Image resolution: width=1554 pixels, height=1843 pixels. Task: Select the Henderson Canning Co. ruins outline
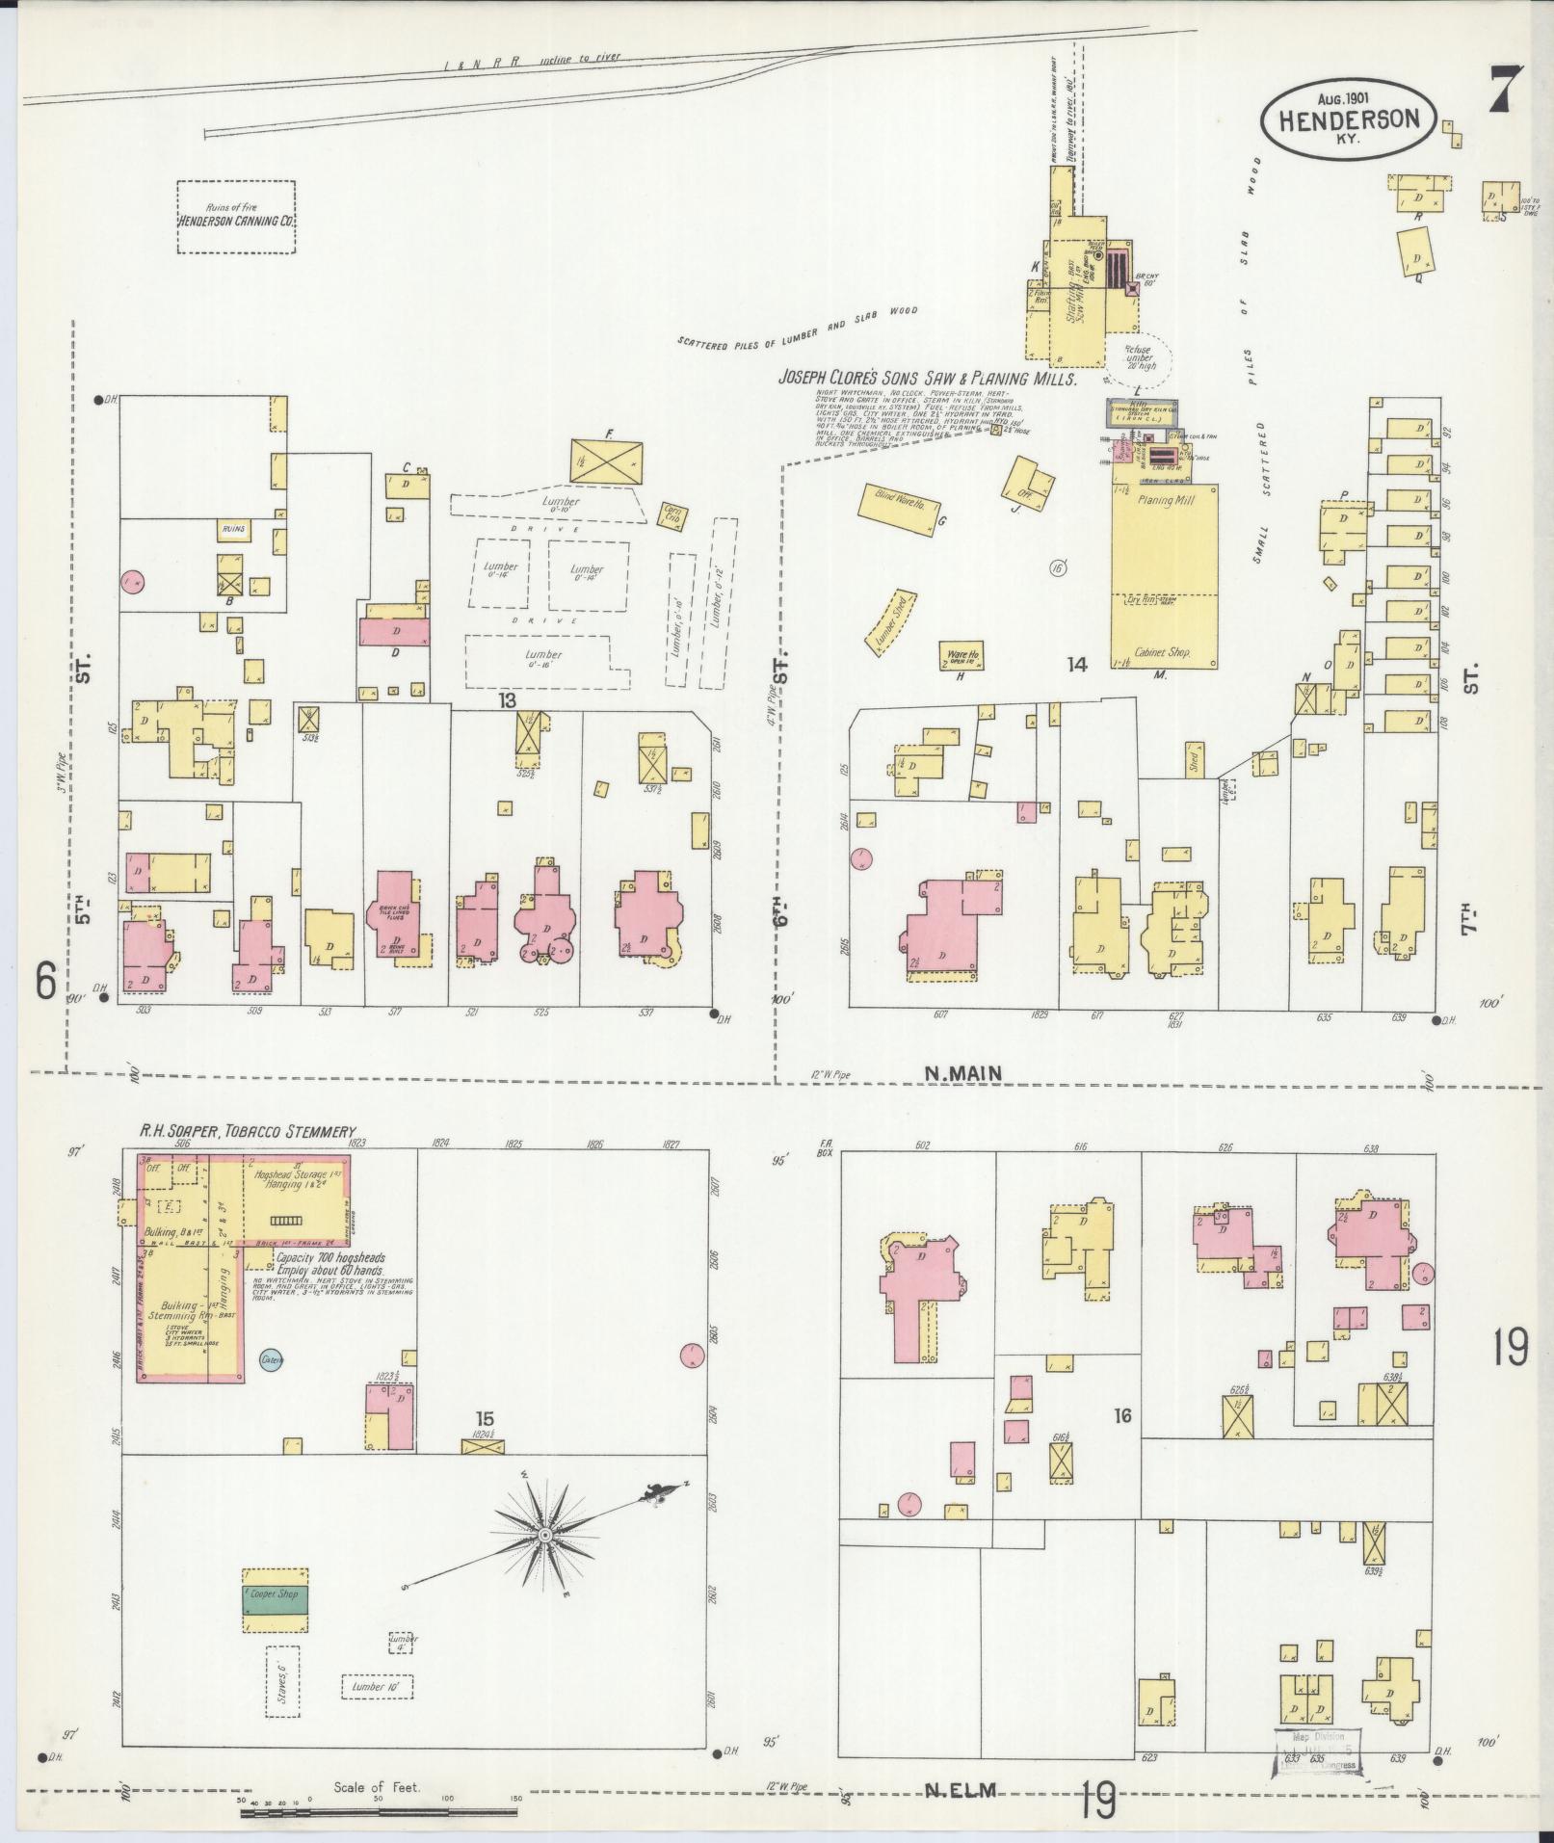tap(235, 217)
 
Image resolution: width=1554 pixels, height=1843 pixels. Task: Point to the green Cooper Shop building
tap(276, 1594)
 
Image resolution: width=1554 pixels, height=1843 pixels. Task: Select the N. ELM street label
tap(961, 1791)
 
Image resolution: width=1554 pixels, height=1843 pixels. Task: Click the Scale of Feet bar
tap(381, 1812)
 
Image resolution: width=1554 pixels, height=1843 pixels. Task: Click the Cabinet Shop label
tap(1163, 652)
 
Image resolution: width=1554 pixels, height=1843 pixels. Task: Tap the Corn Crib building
tap(671, 514)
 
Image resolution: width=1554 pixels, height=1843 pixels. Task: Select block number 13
tap(507, 700)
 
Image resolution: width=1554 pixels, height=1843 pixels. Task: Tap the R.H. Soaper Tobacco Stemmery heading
tap(246, 1131)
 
